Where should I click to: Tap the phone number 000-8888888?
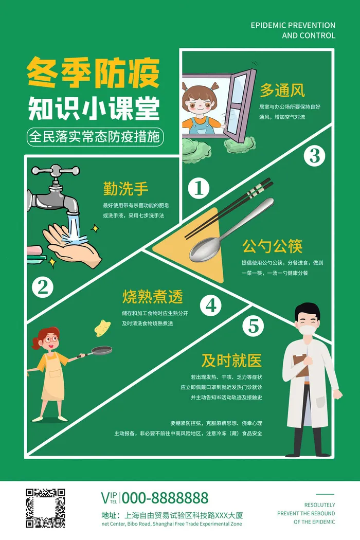tap(165, 498)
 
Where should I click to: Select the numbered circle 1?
tap(199, 189)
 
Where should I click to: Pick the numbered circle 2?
tap(43, 287)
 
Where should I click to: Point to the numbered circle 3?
tap(314, 155)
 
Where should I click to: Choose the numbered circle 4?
tap(211, 305)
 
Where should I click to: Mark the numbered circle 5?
tap(253, 326)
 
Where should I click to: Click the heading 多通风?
tap(282, 91)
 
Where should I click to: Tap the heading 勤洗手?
tap(125, 189)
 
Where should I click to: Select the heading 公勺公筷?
tap(272, 246)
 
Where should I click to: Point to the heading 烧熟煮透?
tap(152, 297)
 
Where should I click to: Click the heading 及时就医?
tap(231, 361)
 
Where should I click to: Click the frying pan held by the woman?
tap(101, 351)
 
